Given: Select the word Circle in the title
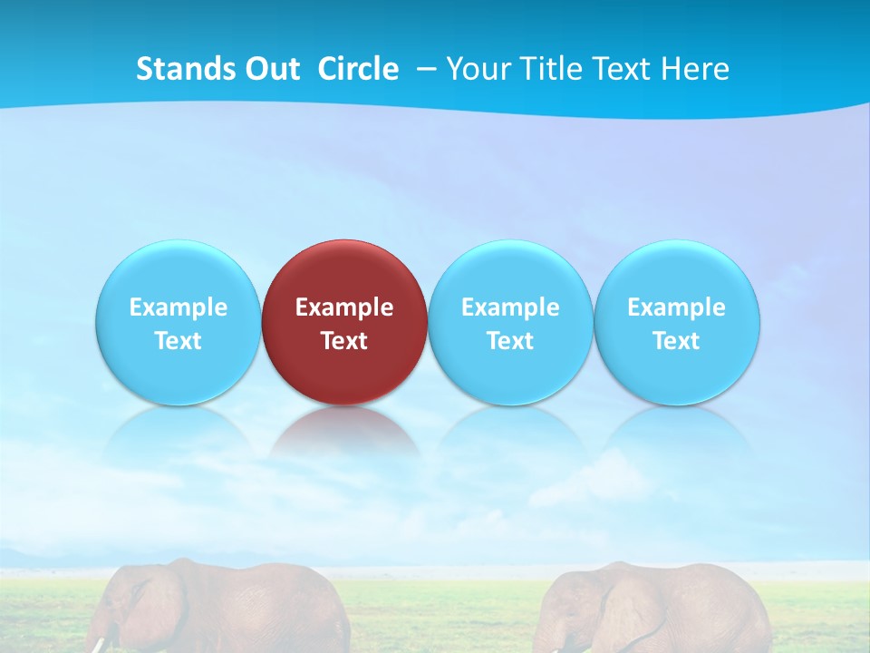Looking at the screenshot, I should tap(358, 69).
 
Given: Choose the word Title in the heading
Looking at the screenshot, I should tap(545, 69).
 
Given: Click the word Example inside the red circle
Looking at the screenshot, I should tap(344, 307).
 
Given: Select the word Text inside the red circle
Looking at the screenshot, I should tap(344, 341).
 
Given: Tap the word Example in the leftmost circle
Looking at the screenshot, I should tap(178, 307).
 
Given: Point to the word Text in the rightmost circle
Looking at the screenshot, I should tap(676, 341).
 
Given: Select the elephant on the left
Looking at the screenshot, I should tap(227, 608).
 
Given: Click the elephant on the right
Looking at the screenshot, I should tap(652, 608).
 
